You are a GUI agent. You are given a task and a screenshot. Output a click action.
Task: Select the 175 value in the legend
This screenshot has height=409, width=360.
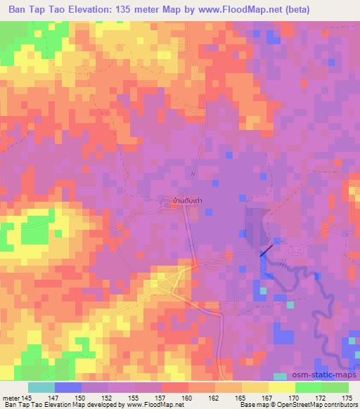coord(347,398)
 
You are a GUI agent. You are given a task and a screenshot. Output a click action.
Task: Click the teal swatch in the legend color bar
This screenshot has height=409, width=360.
coord(41,387)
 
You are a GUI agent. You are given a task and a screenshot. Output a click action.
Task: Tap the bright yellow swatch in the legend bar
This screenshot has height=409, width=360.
coord(282,387)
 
